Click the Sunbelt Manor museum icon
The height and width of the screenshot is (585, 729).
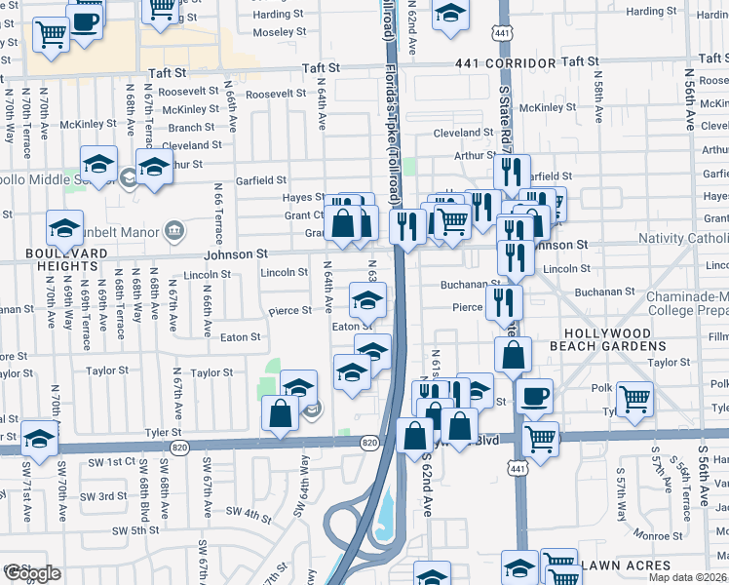click(173, 230)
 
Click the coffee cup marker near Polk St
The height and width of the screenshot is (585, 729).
click(534, 397)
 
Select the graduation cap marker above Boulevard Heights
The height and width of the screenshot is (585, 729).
click(65, 229)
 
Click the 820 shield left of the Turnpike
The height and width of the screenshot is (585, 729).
click(369, 443)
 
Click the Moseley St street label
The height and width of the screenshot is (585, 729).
click(280, 32)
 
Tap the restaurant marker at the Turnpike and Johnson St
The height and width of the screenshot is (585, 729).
click(407, 225)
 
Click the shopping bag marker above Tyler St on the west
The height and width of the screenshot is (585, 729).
click(281, 411)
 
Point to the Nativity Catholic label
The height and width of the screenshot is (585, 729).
click(682, 239)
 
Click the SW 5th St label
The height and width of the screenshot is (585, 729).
click(134, 531)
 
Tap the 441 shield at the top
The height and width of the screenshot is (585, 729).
click(503, 34)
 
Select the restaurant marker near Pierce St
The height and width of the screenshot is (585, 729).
click(504, 300)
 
